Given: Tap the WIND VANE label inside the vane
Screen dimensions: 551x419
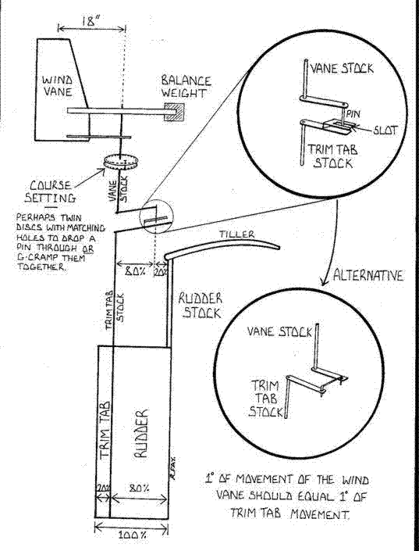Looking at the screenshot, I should (x=59, y=87).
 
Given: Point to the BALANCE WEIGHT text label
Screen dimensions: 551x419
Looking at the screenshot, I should (x=186, y=87).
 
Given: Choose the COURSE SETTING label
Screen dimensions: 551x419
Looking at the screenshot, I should (x=50, y=192).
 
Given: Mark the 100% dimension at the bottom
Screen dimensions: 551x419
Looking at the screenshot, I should (x=132, y=540).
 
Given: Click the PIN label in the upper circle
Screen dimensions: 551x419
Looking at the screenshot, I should (x=352, y=112).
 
